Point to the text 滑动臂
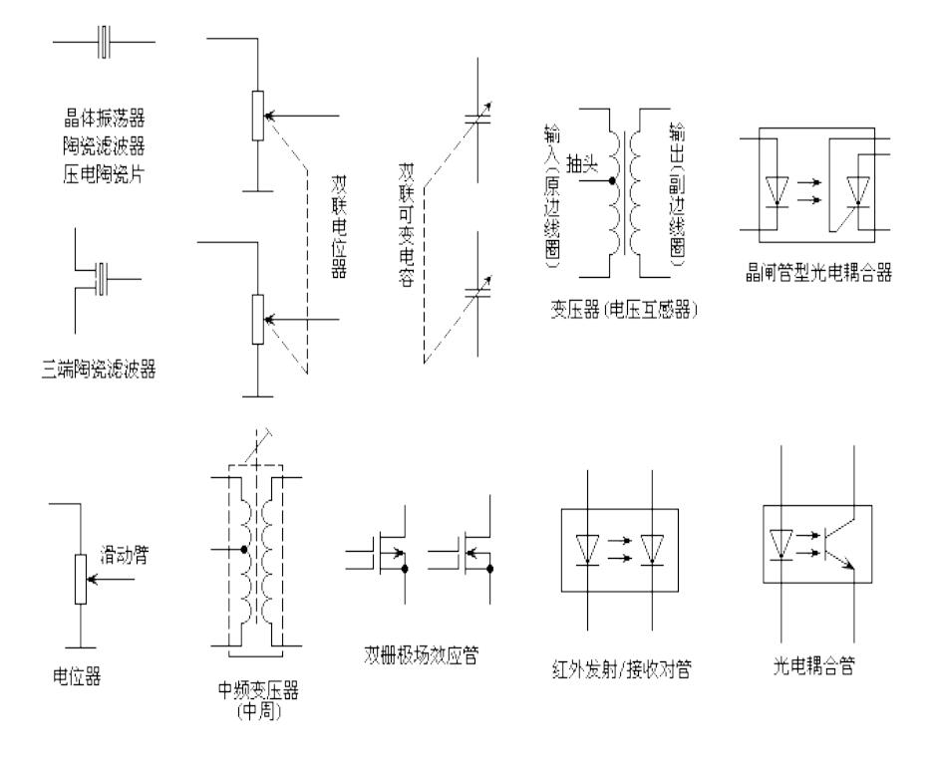(124, 551)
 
